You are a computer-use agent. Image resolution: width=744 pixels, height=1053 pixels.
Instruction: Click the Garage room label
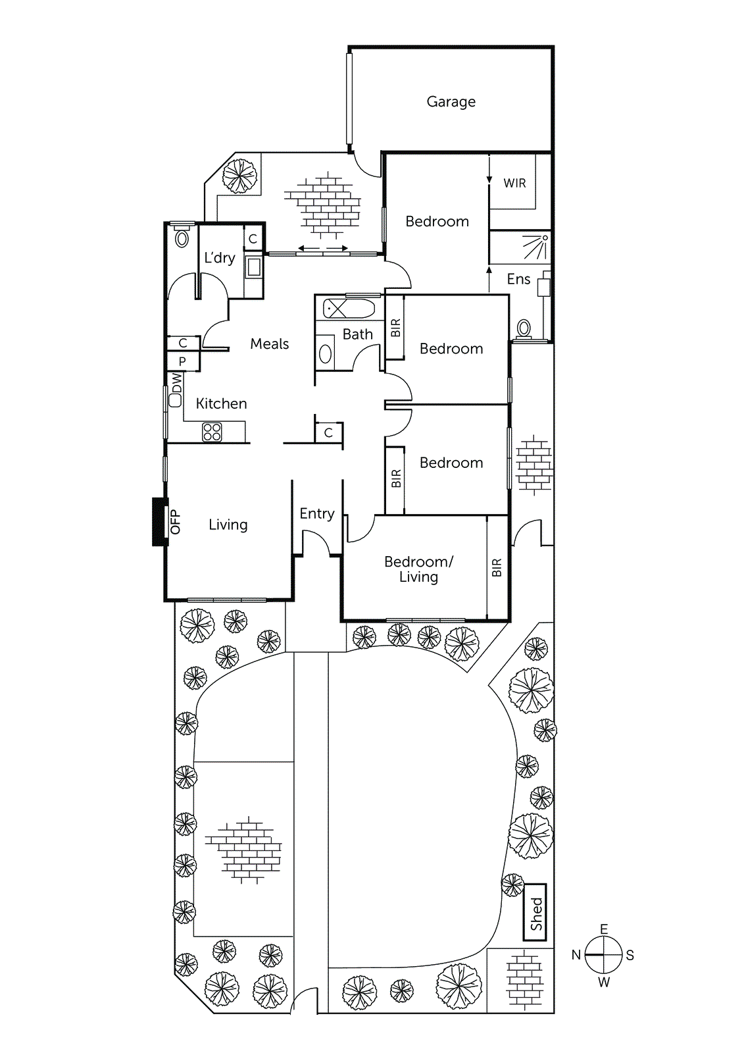pos(451,101)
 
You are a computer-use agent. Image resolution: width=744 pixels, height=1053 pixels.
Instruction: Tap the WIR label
pos(514,183)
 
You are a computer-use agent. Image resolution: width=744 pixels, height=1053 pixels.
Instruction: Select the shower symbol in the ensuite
pos(536,247)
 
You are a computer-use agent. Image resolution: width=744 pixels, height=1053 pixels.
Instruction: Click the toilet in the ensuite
pos(524,328)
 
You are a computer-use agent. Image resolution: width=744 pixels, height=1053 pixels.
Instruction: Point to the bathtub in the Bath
pos(349,309)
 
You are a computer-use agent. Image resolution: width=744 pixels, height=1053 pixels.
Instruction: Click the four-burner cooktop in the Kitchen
pos(212,432)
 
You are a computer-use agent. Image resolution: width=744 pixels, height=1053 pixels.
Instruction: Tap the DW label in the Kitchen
pos(176,382)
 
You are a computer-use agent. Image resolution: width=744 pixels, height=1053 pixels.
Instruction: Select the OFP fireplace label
pos(175,522)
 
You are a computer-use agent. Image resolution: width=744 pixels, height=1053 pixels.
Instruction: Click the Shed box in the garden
pos(535,912)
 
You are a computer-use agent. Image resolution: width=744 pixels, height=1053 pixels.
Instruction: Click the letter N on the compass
pos(576,955)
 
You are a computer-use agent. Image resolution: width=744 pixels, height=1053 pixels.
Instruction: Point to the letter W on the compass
pos(603,983)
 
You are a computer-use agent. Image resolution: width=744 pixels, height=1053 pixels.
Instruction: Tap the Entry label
pos(316,513)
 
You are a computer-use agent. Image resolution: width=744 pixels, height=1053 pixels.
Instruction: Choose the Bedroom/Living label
pos(418,569)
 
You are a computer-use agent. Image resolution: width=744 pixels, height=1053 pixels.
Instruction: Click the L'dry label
pos(219,258)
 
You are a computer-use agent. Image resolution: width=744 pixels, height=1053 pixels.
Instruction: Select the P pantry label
pos(182,361)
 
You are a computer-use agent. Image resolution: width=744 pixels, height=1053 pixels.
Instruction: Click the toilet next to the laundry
pos(182,238)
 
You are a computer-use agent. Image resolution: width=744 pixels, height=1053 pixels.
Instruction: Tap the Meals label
pos(269,344)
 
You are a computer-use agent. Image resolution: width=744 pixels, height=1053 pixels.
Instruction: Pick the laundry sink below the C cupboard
pos(253,267)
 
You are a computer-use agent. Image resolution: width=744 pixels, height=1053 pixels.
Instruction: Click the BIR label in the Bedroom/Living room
pos(497,567)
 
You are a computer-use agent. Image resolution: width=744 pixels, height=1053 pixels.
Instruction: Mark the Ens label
pos(518,279)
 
